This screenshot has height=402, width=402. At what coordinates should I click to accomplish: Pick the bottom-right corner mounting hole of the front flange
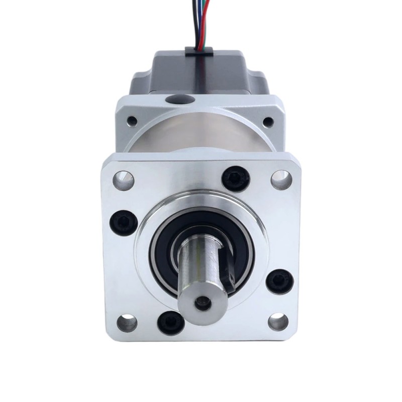pos(278,322)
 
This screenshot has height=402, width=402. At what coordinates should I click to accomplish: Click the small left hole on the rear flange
pos(132,121)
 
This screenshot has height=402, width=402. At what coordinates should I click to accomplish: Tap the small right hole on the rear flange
pos(268,121)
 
